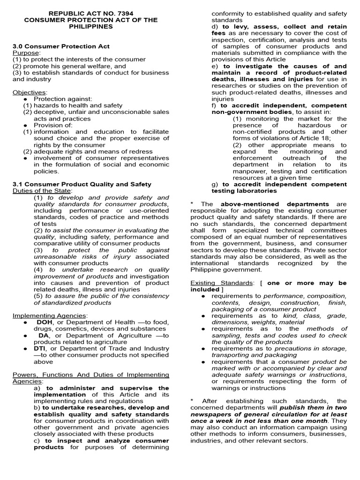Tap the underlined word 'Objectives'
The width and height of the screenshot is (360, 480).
(29, 92)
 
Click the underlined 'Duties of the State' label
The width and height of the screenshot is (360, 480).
(42, 191)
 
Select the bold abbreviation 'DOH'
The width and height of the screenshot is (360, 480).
(45, 322)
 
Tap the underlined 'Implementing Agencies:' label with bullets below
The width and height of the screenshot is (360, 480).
(50, 315)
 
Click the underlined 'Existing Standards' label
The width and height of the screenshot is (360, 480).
(220, 283)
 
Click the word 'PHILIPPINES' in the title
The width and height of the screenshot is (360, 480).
(90, 27)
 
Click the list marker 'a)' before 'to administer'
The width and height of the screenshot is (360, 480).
(37, 388)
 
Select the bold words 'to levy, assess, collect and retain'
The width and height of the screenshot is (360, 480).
(285, 27)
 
